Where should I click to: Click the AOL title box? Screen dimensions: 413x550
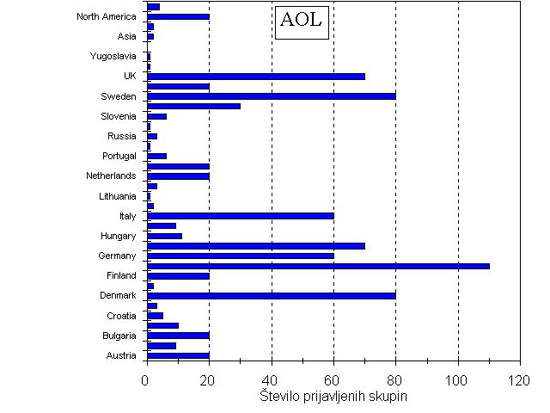coord(302,21)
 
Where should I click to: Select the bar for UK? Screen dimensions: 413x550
coord(256,76)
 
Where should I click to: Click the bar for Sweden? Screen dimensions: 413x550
coord(272,96)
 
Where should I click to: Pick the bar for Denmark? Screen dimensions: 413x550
coord(272,295)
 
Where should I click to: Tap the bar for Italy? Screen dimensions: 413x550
coord(241,216)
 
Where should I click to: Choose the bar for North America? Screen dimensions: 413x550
coord(178,16)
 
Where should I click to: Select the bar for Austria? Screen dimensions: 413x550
coord(178,355)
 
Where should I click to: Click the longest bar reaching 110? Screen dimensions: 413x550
coord(318,266)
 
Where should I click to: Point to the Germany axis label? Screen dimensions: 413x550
coord(118,256)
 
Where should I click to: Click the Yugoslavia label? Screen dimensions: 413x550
coord(113,56)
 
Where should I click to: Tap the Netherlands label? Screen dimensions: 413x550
coord(111,176)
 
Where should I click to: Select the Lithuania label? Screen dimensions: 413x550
coord(118,196)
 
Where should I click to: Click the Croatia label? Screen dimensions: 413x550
coord(121,316)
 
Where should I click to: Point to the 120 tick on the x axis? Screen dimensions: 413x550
coord(519,379)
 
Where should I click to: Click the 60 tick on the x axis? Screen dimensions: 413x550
coord(333,379)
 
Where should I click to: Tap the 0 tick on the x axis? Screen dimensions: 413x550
coord(147,379)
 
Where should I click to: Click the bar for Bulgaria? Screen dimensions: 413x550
coord(178,336)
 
